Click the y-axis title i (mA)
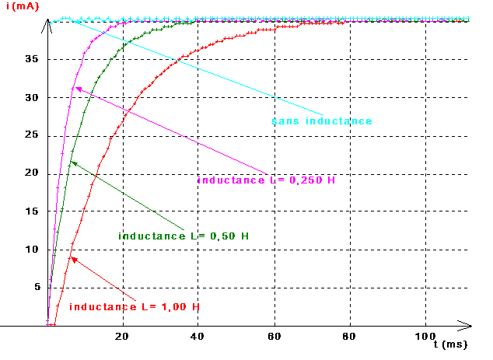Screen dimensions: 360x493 pos(24,7)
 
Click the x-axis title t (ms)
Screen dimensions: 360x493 pos(450,342)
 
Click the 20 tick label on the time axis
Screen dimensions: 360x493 pos(121,336)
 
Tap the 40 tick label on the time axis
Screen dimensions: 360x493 pos(198,336)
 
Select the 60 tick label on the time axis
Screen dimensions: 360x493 pos(273,336)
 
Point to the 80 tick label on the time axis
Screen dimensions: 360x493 pos(349,336)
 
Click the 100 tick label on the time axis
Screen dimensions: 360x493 pos(425,336)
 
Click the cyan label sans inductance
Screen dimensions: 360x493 pos(321,121)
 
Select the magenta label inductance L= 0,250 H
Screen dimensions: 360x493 pos(267,180)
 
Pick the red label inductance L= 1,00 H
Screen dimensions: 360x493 pos(135,307)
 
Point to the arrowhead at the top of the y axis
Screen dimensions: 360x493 pos(48,22)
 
